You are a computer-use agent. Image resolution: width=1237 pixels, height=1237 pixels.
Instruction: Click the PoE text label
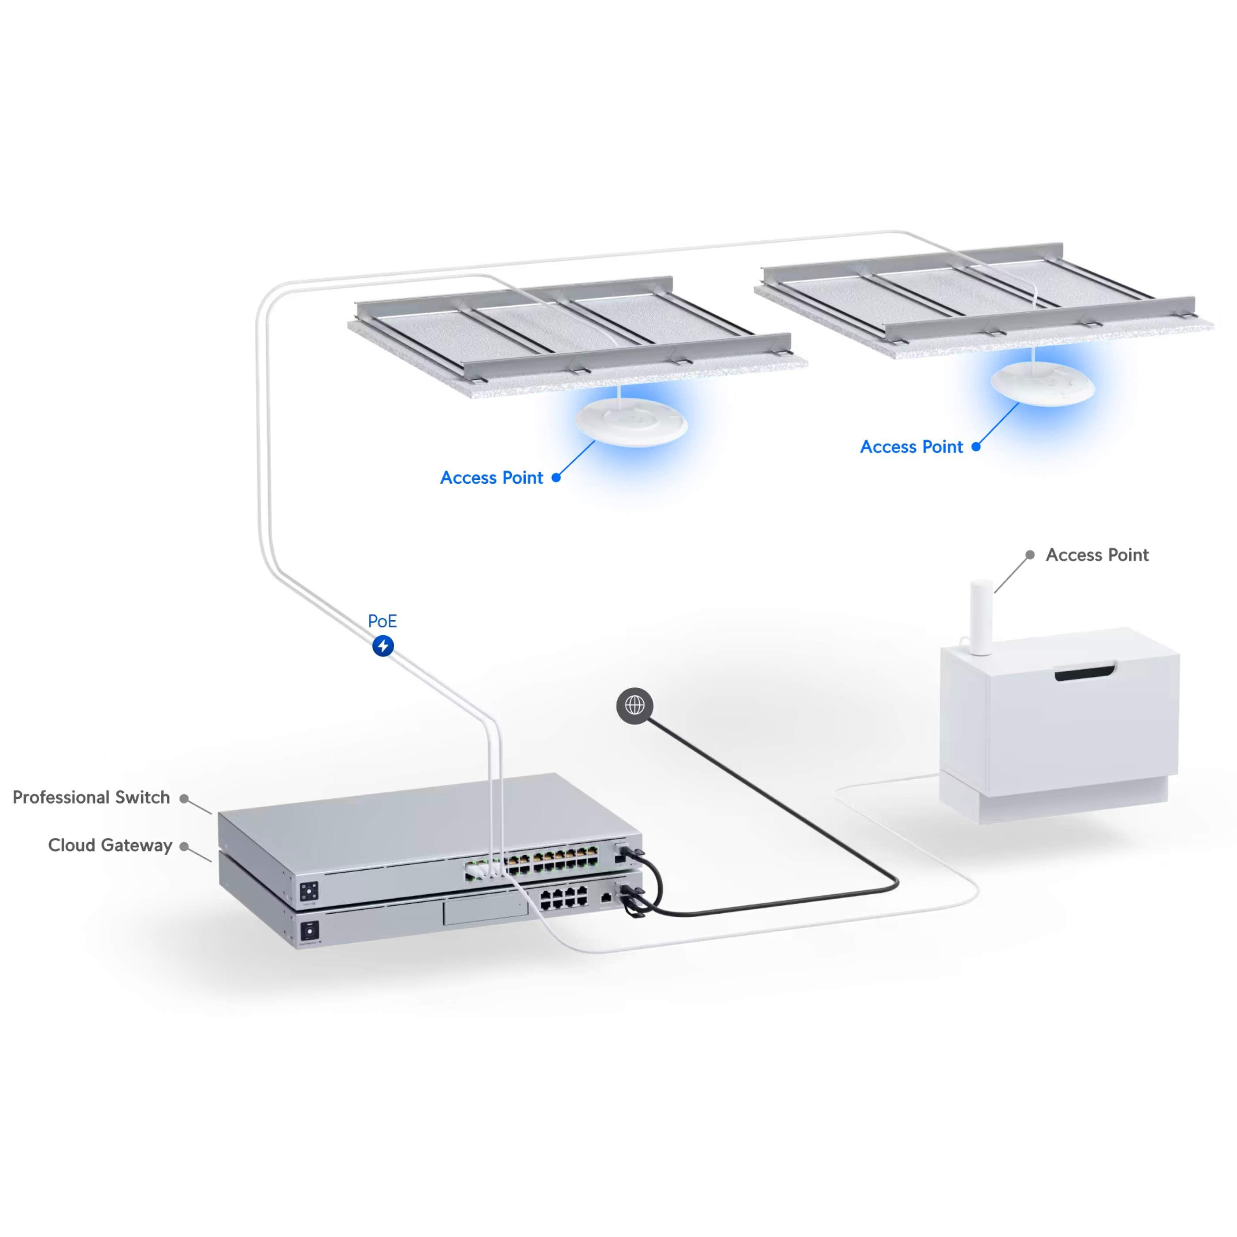(382, 621)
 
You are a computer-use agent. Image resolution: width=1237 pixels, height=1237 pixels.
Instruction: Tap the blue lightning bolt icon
(383, 645)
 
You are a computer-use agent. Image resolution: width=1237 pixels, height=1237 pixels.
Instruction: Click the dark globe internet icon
(634, 706)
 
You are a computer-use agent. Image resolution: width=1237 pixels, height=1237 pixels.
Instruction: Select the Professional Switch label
(91, 797)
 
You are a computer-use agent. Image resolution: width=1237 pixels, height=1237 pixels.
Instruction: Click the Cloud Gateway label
(110, 845)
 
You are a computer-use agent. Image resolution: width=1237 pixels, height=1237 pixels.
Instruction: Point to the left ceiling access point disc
(631, 421)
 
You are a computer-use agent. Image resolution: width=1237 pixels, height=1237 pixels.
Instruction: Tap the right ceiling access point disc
(1042, 383)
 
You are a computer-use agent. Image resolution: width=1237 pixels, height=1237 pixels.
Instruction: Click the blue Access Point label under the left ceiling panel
(492, 478)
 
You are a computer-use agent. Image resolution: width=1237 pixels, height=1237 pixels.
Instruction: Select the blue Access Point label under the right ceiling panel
(911, 447)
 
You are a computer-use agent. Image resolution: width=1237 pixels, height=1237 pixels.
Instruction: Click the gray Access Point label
(1097, 555)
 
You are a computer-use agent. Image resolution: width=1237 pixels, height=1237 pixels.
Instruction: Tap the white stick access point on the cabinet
(981, 617)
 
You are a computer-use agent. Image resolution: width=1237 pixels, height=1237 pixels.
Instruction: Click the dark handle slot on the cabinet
(1085, 672)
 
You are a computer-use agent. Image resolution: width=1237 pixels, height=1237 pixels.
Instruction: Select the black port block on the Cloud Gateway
(563, 898)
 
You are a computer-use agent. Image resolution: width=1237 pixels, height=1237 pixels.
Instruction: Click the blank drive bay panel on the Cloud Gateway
(486, 910)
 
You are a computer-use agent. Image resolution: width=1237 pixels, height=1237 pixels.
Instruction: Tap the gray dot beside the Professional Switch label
(184, 798)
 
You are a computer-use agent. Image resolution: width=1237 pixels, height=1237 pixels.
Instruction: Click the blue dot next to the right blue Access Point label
(976, 447)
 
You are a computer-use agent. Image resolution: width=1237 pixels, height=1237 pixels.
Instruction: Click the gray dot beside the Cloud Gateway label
(184, 846)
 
